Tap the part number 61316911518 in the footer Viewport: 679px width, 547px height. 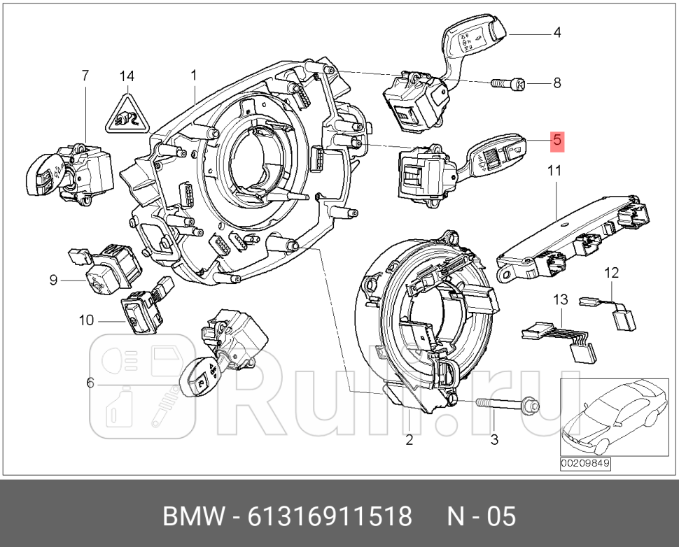click(x=332, y=517)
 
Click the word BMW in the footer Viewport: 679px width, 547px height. click(x=192, y=517)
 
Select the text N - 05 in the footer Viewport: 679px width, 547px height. click(x=482, y=517)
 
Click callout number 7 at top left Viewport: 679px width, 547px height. click(x=85, y=75)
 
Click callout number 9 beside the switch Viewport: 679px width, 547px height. click(x=52, y=280)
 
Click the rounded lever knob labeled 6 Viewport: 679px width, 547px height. click(x=199, y=378)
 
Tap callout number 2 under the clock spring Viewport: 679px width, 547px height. click(x=409, y=440)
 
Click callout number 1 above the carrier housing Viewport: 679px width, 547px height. click(x=194, y=75)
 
